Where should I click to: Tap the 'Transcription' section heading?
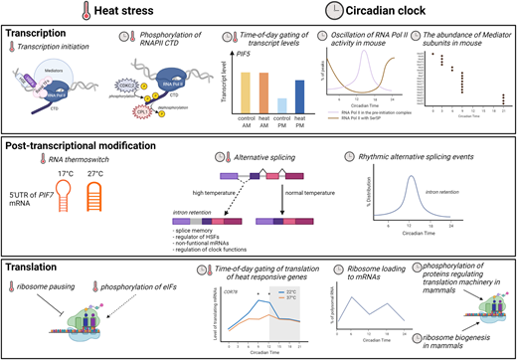38,32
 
